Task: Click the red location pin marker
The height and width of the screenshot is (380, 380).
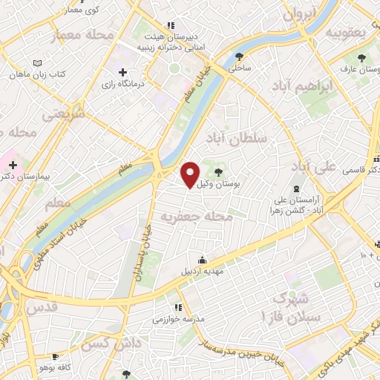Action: pyautogui.click(x=191, y=175)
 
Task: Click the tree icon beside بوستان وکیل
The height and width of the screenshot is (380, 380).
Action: pyautogui.click(x=217, y=171)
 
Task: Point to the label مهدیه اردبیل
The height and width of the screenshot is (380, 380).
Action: pyautogui.click(x=203, y=271)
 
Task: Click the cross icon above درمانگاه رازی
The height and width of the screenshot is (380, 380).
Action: pyautogui.click(x=122, y=71)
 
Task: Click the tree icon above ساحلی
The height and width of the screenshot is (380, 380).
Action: pyautogui.click(x=238, y=56)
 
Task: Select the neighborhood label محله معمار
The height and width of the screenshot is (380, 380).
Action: pyautogui.click(x=81, y=35)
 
